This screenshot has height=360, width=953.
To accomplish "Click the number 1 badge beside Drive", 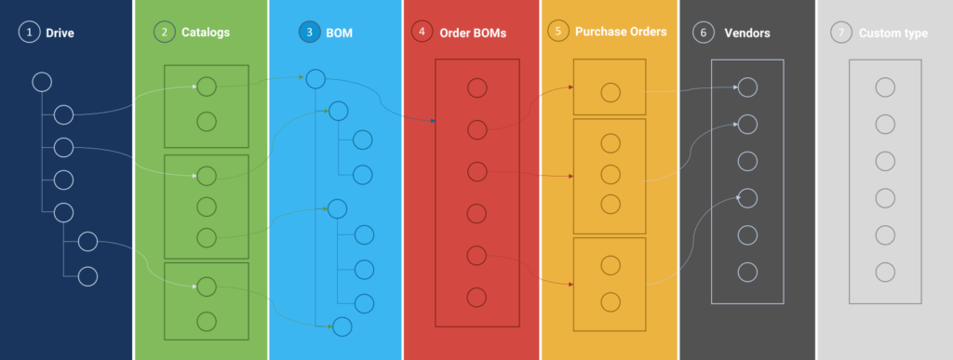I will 30,33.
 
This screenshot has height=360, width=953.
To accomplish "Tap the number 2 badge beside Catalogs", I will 164,33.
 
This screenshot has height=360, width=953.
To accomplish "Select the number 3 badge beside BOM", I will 309,33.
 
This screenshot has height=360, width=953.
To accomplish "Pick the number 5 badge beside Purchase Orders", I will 558,32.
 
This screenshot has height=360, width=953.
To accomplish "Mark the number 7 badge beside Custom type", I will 841,33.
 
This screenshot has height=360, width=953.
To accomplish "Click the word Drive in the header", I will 60,33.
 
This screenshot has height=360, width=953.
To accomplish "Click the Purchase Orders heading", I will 621,32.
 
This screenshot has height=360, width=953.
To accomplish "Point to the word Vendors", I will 747,33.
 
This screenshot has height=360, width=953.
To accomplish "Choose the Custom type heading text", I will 893,33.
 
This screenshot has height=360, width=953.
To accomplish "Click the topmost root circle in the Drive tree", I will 42,82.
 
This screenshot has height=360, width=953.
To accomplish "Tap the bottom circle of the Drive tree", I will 87,275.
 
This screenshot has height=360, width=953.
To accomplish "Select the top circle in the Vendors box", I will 747,87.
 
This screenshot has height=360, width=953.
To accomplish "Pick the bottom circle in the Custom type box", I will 885,272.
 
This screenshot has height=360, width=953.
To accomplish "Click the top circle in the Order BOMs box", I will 476,88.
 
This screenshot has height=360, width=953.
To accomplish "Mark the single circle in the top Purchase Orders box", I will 610,92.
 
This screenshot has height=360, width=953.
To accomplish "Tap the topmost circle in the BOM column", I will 315,80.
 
